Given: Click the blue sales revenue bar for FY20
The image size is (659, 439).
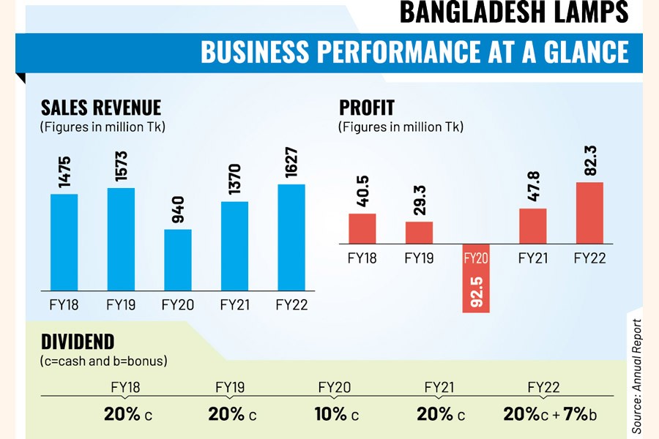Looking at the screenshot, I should pyautogui.click(x=178, y=260).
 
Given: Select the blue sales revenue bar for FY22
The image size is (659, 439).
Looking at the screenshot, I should pyautogui.click(x=291, y=238).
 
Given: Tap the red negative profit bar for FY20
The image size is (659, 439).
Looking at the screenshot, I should pyautogui.click(x=476, y=281).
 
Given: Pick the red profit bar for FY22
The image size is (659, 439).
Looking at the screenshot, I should pyautogui.click(x=590, y=212).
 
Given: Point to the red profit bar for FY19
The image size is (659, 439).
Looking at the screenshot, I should pyautogui.click(x=419, y=232).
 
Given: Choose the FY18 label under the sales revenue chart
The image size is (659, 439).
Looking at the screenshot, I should pyautogui.click(x=64, y=304).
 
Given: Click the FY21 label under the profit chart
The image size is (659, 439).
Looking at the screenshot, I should pyautogui.click(x=533, y=258).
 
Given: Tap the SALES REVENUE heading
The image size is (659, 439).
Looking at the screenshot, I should pyautogui.click(x=101, y=108).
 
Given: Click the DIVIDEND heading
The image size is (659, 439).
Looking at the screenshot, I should pyautogui.click(x=78, y=342).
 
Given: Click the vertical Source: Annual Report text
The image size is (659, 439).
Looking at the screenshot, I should pyautogui.click(x=636, y=374).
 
